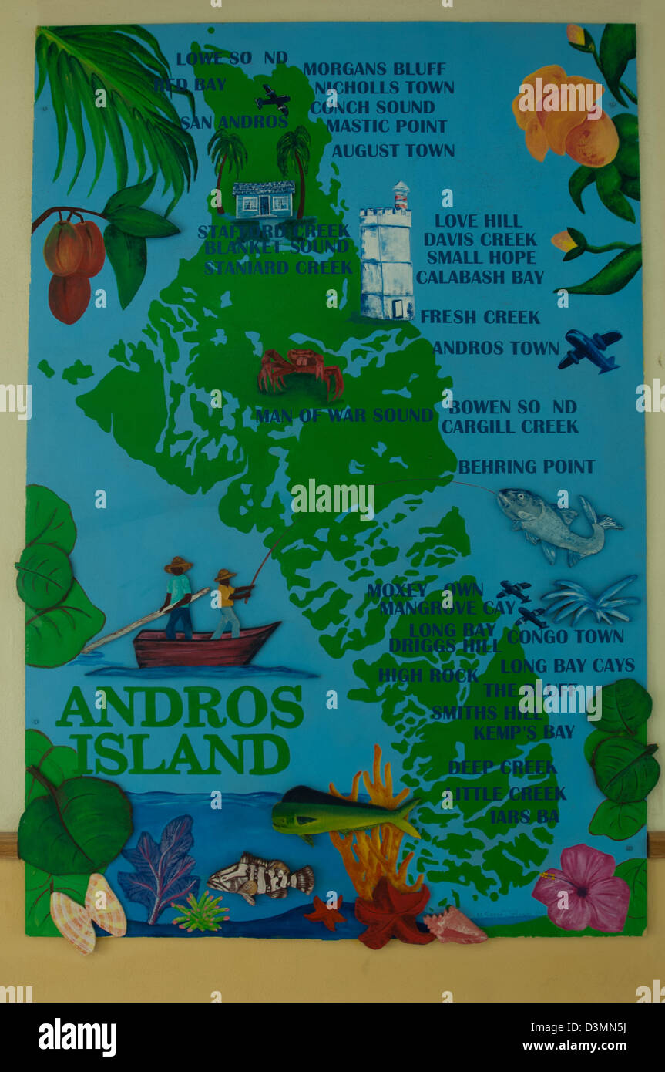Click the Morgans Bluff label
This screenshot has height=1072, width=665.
(x=374, y=69)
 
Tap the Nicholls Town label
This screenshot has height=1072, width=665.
(x=384, y=88)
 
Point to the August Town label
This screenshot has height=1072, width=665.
(x=393, y=150)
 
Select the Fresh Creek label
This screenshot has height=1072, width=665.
(x=480, y=317)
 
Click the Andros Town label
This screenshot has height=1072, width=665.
(x=495, y=348)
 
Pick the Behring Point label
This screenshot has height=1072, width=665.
(x=526, y=467)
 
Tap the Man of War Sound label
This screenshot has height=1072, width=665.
(x=344, y=416)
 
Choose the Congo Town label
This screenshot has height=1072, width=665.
(x=565, y=636)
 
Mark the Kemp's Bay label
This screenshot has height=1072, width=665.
(x=524, y=732)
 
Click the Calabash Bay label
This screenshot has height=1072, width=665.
(x=480, y=277)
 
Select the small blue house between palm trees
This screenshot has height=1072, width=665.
(x=263, y=199)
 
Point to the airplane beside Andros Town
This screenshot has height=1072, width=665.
(x=589, y=349)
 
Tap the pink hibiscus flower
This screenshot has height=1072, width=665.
(x=581, y=888)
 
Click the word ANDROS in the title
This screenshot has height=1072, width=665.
(x=180, y=707)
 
